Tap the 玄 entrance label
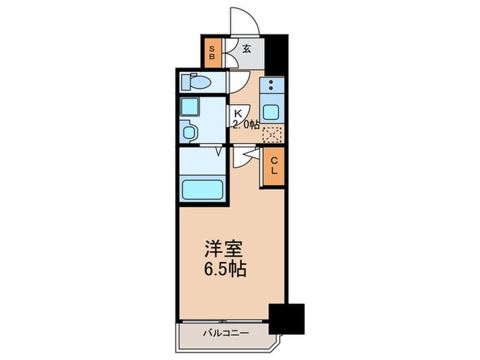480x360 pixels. (x=248, y=49)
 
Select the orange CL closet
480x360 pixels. (x=273, y=166)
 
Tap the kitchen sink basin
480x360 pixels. (x=272, y=112)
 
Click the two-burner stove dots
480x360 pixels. (x=272, y=86)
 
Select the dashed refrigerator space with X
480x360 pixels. (x=273, y=134)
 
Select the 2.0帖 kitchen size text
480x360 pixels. (x=245, y=125)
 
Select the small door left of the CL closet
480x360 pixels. (x=245, y=158)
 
